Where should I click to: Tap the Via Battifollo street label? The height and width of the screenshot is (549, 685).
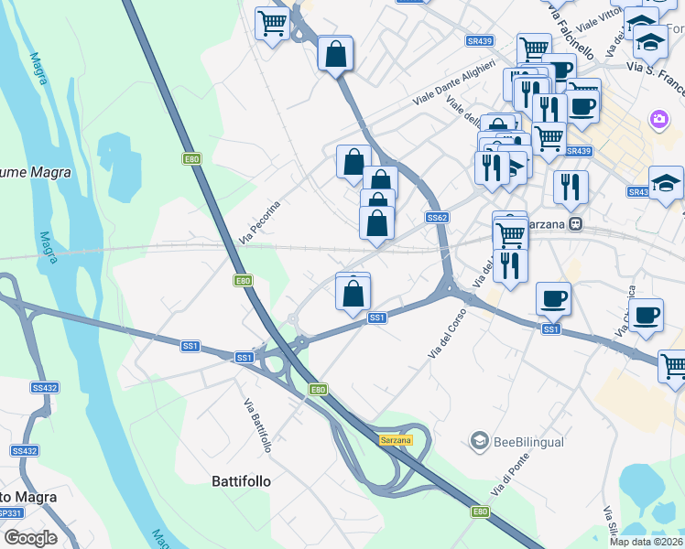[x=257, y=425]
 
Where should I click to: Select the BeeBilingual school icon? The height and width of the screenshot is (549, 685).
[x=478, y=442]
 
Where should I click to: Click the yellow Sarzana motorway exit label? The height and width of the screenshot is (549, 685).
[x=396, y=440]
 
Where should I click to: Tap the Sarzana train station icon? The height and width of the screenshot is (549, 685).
[x=575, y=223]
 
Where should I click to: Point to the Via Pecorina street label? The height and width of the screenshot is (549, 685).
[x=259, y=222]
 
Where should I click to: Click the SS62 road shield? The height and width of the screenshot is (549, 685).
[x=437, y=218]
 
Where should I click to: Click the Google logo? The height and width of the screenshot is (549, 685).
[x=29, y=538]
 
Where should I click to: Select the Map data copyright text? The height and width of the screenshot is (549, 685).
[x=646, y=542]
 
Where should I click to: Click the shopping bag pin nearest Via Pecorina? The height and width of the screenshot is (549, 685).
[x=353, y=162]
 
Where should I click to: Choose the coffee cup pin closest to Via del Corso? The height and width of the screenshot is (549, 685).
[x=553, y=297]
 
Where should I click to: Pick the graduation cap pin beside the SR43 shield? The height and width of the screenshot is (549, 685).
[x=666, y=183]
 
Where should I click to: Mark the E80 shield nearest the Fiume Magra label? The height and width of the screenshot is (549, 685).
[x=191, y=159]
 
